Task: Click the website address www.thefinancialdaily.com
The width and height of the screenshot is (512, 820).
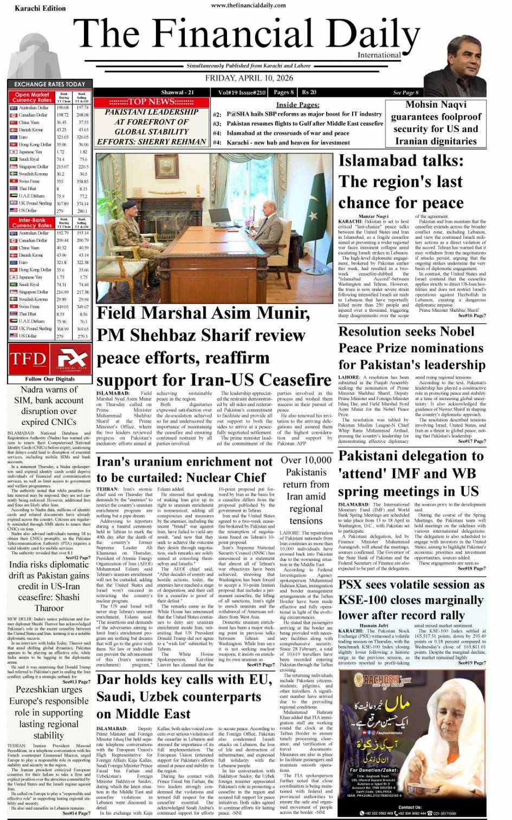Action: pos(249,5)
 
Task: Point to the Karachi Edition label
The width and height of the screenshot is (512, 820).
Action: pos(33,8)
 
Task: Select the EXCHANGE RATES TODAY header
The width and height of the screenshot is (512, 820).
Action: pos(49,84)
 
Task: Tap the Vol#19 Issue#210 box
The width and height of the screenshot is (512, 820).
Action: pos(242,93)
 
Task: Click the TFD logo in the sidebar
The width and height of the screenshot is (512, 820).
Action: pos(28,359)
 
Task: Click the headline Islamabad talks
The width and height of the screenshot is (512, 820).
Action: pos(401,181)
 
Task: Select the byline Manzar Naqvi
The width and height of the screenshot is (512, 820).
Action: pos(374,217)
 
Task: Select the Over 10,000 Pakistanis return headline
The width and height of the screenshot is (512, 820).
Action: pos(306,490)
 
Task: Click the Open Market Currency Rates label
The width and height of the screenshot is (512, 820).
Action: pos(32,97)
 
